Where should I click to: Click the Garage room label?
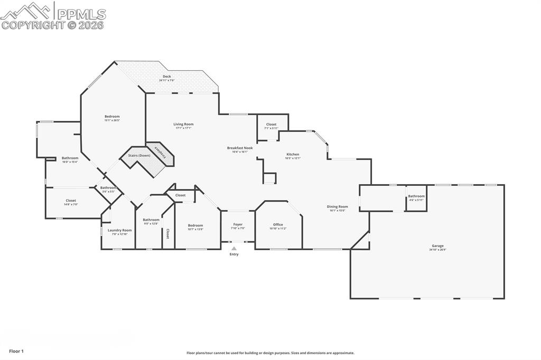[437, 245]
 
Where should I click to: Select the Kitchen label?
[292, 155]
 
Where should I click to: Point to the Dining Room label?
[337, 207]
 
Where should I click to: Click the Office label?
[278, 225]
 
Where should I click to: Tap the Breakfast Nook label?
[240, 148]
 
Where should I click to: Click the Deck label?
[167, 77]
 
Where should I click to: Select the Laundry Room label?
[120, 230]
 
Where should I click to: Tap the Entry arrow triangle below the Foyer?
[234, 248]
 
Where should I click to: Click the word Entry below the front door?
[234, 254]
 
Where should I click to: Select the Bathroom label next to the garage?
[416, 196]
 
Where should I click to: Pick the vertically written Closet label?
[168, 233]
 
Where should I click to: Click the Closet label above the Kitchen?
[271, 125]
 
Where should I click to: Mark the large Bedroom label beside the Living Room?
[112, 117]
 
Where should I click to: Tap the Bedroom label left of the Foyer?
[195, 225]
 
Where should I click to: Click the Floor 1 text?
[16, 351]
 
